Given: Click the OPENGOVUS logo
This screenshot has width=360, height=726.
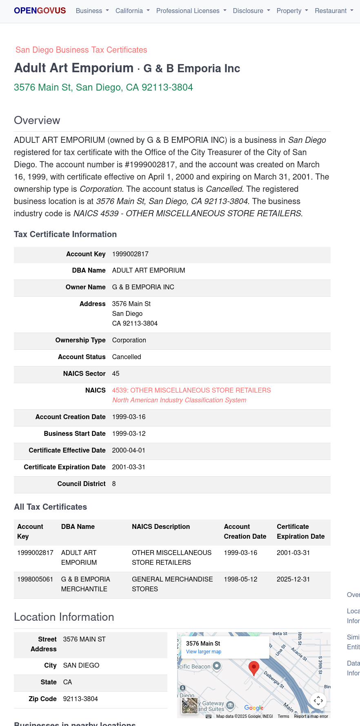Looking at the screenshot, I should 40,11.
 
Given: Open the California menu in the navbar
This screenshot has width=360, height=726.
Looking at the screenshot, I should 132,11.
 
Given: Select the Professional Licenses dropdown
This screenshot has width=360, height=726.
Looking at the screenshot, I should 191,11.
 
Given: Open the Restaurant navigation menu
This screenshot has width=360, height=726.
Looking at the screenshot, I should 333,11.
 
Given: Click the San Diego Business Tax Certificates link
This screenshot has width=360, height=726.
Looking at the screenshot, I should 81,50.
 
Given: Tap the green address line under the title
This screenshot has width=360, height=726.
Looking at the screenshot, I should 103,87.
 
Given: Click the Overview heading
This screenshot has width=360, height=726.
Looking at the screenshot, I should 37,120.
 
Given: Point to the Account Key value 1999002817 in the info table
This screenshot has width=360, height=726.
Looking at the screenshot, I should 130,254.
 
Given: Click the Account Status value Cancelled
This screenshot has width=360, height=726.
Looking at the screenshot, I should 127,357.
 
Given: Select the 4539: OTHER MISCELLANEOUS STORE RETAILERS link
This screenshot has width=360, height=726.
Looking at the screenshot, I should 191,390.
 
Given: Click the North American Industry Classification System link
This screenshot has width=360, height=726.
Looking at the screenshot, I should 179,400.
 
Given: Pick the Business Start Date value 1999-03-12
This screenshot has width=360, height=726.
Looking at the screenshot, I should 129,433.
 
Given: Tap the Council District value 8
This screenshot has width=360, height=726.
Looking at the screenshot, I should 114,484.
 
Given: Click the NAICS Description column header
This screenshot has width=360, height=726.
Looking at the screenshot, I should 161,526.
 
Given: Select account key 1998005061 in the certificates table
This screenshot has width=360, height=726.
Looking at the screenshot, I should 35,579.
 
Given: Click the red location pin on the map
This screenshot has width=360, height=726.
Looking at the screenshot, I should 254,668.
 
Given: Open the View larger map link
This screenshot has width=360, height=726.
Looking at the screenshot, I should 204,652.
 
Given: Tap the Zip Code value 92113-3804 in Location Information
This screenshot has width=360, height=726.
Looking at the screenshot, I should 80,699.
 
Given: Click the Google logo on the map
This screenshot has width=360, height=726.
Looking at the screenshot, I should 253,708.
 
